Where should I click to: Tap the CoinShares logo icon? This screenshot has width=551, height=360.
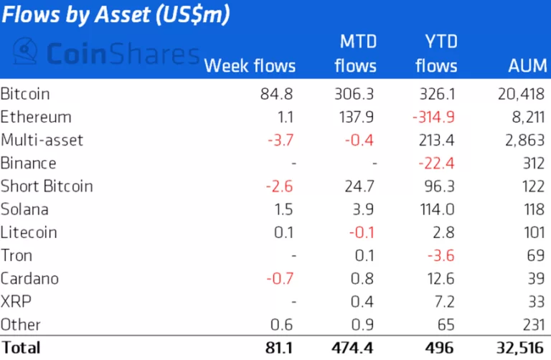(x=26, y=52)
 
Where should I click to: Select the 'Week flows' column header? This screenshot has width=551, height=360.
(x=250, y=66)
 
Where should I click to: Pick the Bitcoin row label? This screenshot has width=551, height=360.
(x=25, y=94)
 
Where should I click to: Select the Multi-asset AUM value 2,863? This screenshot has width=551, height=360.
(x=525, y=140)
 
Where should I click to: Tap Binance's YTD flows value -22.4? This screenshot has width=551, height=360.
(x=437, y=163)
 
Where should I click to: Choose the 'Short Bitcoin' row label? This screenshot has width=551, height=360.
(x=47, y=186)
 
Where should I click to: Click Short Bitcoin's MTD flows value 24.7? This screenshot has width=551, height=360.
(x=361, y=186)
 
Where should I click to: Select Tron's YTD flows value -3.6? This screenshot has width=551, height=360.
(x=441, y=255)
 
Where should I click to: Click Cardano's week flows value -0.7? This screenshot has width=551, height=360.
(x=281, y=278)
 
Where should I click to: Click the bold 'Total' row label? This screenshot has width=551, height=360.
(x=21, y=348)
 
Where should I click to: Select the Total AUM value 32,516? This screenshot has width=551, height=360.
(x=519, y=348)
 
